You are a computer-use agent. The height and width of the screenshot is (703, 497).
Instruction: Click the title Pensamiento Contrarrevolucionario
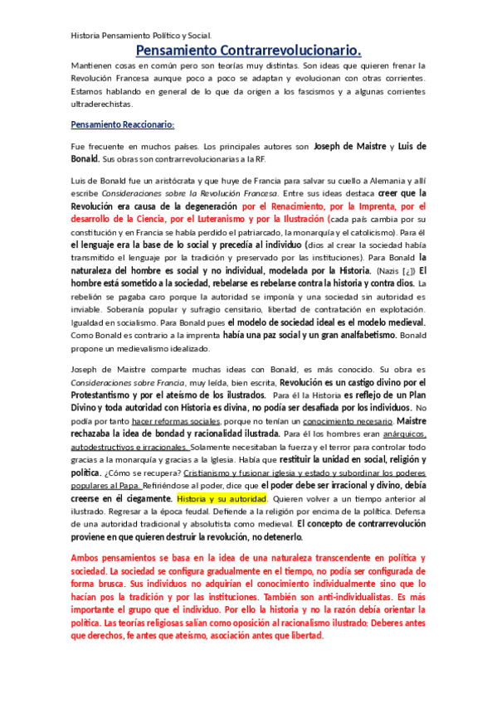point(248,51)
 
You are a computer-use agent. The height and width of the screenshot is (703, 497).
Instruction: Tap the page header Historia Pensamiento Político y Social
point(141,36)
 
